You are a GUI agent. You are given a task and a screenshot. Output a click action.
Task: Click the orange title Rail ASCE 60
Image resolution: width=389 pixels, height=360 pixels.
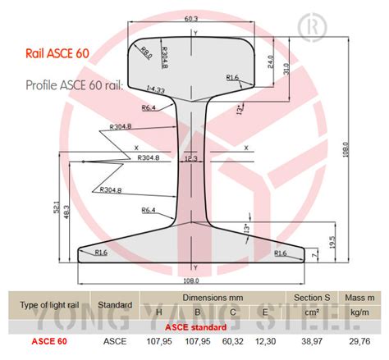point(60,55)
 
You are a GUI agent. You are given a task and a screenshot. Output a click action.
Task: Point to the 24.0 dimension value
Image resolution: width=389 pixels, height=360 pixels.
point(269,61)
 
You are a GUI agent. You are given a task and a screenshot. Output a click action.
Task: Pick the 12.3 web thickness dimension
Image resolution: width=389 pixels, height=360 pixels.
point(190,158)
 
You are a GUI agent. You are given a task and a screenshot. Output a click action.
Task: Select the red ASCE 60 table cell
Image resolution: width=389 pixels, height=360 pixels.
point(48,339)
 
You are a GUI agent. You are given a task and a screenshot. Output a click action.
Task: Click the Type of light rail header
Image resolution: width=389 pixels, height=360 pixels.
point(48,303)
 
